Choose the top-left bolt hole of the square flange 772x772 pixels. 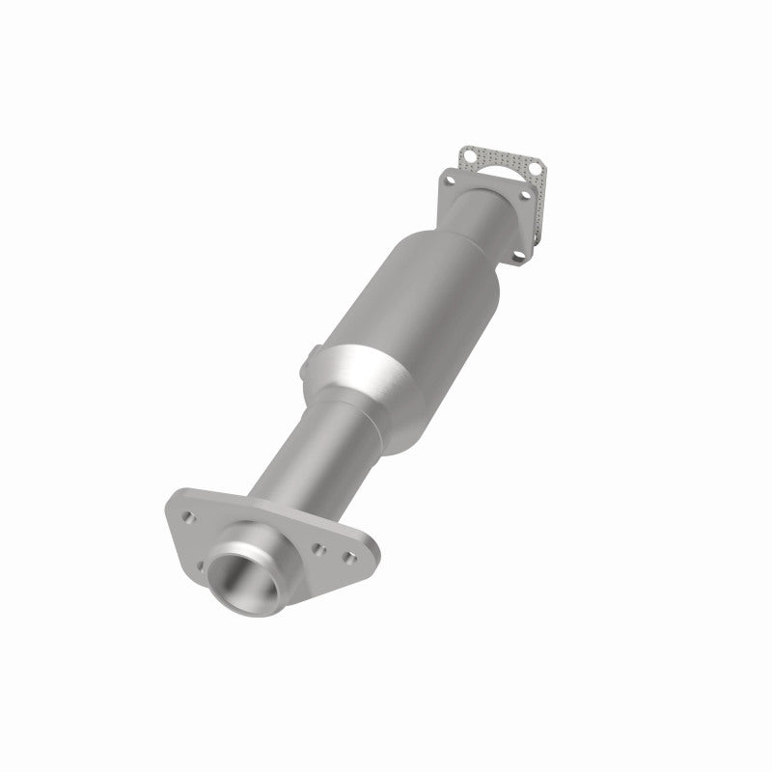click(451, 179)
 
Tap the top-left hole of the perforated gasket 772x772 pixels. click(469, 153)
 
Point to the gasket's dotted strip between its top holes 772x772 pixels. click(502, 160)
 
